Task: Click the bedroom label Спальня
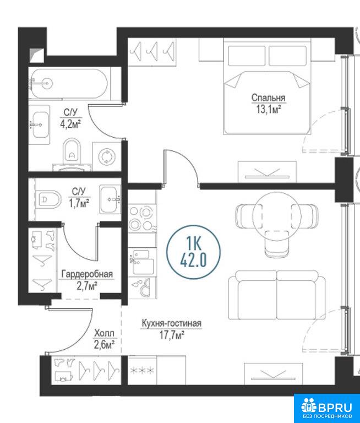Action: point(268,97)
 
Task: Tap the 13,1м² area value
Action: point(269,110)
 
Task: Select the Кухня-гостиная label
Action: point(172,323)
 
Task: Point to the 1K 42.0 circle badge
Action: point(193,252)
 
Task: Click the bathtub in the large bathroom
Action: point(69,84)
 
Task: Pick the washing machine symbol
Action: point(107,157)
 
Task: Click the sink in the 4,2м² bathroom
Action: point(40,124)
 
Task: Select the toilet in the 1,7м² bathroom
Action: point(48,199)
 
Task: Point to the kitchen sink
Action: point(141,262)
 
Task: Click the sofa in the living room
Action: point(277,295)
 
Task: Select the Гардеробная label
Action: point(87,274)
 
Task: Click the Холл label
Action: point(104,333)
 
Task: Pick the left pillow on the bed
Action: point(247,55)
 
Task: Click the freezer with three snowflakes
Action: point(142,370)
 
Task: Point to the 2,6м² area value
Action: point(105,345)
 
